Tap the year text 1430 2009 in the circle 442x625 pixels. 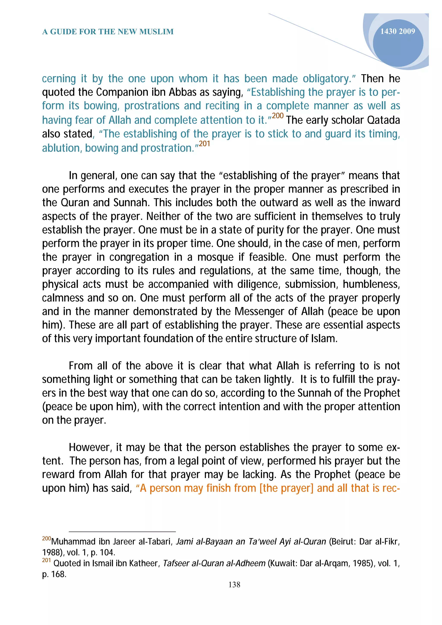pyautogui.click(x=397, y=31)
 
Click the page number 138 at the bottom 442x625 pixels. pyautogui.click(x=234, y=584)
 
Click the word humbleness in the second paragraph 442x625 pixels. pyautogui.click(x=371, y=284)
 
